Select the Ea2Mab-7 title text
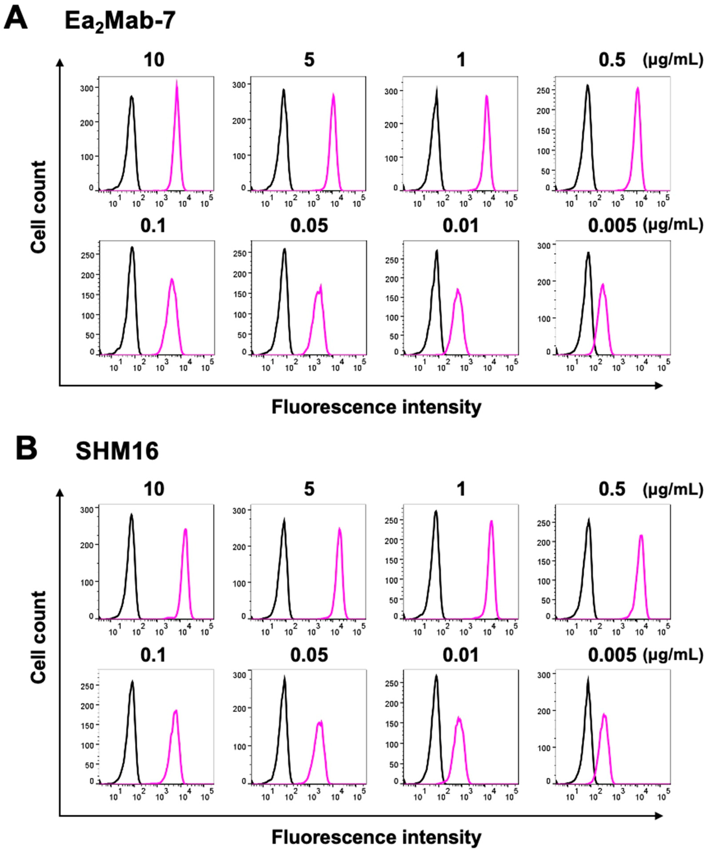coord(120,21)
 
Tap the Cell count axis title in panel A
coord(39,207)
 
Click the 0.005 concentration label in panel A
coord(612,226)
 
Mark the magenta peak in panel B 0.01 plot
coord(459,718)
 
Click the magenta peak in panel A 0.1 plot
coord(172,280)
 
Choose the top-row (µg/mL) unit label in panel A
coord(673,60)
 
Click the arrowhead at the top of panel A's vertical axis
coord(60,62)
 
